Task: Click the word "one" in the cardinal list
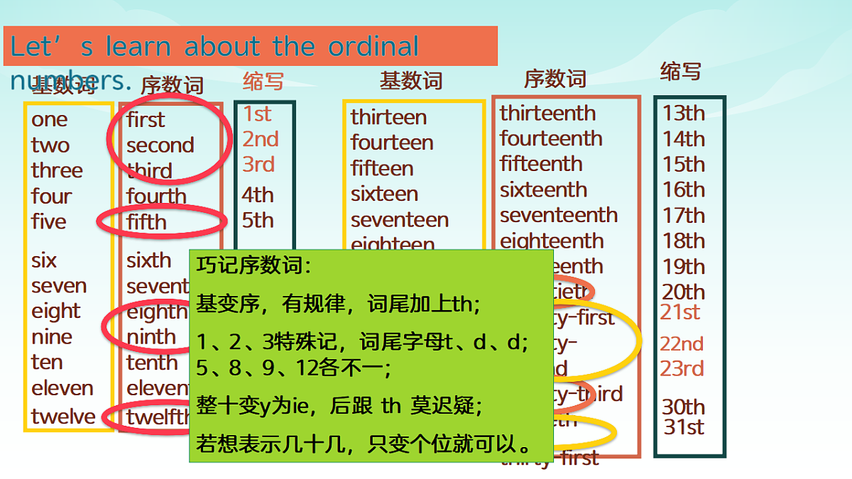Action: tap(49, 120)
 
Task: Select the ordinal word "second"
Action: tap(160, 145)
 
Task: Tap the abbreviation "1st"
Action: tap(257, 114)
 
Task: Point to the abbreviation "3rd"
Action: tap(258, 165)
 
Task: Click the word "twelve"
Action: tap(63, 417)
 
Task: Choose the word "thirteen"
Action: tap(388, 117)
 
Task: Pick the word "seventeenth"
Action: tap(558, 215)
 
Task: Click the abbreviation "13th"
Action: tap(684, 114)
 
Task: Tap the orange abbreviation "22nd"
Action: tap(682, 344)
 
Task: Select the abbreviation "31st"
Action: tap(684, 427)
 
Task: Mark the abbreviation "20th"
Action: tap(684, 292)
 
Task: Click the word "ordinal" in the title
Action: tap(373, 47)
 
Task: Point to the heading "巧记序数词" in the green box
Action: tap(253, 267)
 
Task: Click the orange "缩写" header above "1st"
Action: tap(263, 81)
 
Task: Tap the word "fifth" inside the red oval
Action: tap(146, 222)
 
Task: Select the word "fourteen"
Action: tap(392, 143)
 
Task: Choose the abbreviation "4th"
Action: tap(257, 195)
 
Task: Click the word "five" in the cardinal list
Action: tap(48, 221)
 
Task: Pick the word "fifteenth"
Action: tap(540, 164)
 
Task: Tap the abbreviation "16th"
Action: tap(684, 190)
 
